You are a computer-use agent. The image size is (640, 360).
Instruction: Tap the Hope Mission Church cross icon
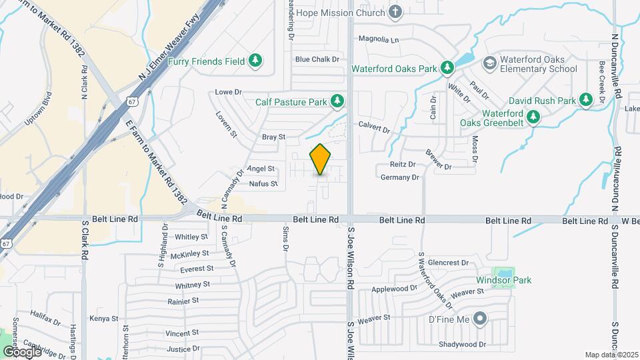tap(395, 13)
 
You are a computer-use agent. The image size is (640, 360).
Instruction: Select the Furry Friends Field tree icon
tap(255, 61)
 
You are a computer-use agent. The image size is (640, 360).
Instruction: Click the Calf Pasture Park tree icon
tap(337, 101)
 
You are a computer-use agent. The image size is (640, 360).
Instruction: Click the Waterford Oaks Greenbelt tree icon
tap(533, 117)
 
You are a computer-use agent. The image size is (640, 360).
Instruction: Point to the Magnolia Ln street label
tap(378, 39)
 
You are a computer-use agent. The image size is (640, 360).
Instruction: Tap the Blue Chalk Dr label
tap(317, 59)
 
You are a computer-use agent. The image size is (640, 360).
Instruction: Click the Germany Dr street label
tap(399, 177)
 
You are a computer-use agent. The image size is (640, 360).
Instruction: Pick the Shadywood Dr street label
tap(463, 345)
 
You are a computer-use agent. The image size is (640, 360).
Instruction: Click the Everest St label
tap(197, 269)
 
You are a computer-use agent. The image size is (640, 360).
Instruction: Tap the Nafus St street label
tap(263, 183)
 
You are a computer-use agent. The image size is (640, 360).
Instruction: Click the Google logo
tap(22, 351)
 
